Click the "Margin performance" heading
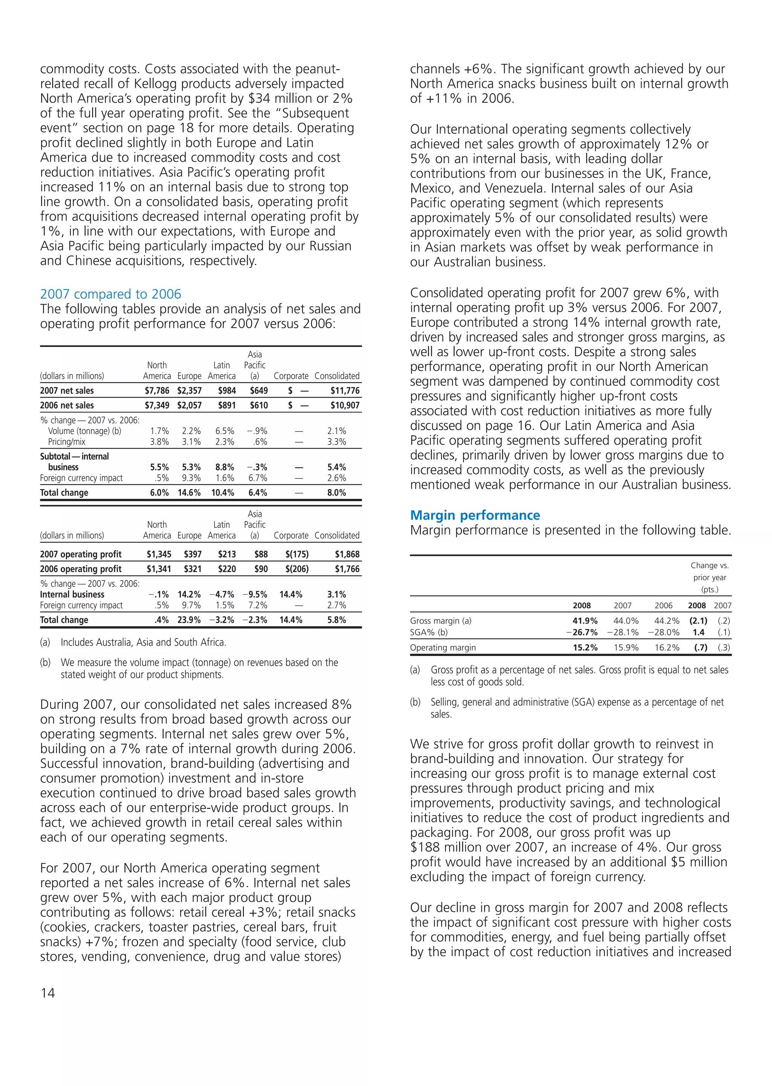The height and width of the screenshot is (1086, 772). coord(475,515)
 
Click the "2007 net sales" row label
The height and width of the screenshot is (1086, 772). coord(67,390)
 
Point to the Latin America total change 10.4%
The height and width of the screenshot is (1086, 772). coord(222,492)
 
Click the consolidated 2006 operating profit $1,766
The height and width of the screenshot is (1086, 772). coord(347,569)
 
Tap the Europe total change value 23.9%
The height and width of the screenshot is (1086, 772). coord(189,620)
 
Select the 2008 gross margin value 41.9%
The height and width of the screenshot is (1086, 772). coord(585,621)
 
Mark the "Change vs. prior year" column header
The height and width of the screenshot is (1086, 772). coord(709,577)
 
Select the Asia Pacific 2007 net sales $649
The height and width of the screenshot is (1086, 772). coord(259,390)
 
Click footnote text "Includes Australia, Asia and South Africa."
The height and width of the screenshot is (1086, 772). coord(143,643)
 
